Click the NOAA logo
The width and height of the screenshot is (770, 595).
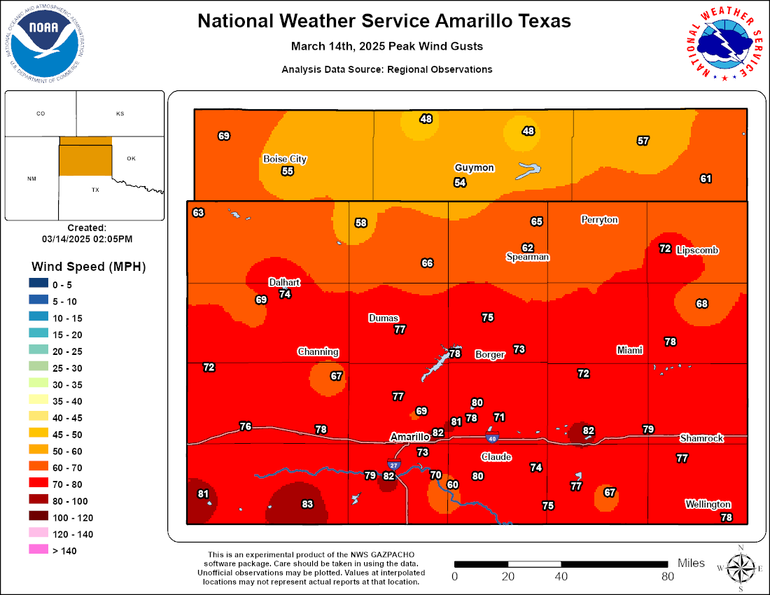click(43, 40)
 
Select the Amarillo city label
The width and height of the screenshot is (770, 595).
click(409, 437)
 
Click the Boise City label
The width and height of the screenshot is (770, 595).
click(285, 159)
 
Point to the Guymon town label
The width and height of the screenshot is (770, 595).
click(474, 168)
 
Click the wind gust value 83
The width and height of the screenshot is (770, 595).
click(307, 504)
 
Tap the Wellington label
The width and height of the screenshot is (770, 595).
click(708, 504)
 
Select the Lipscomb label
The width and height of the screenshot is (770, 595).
click(697, 250)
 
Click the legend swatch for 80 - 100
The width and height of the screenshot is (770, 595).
click(39, 501)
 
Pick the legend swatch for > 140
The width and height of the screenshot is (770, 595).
click(39, 551)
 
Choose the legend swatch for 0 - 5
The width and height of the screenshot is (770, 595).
click(39, 284)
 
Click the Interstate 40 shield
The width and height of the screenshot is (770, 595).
click(492, 438)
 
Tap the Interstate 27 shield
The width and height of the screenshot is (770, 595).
click(393, 464)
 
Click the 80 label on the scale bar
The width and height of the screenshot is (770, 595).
click(667, 577)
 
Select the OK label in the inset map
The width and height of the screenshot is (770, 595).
click(131, 158)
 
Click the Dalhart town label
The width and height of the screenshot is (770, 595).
click(284, 282)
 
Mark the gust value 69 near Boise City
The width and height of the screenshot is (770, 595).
click(224, 136)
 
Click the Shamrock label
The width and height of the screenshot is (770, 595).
click(701, 438)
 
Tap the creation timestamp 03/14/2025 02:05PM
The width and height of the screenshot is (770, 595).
click(87, 239)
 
